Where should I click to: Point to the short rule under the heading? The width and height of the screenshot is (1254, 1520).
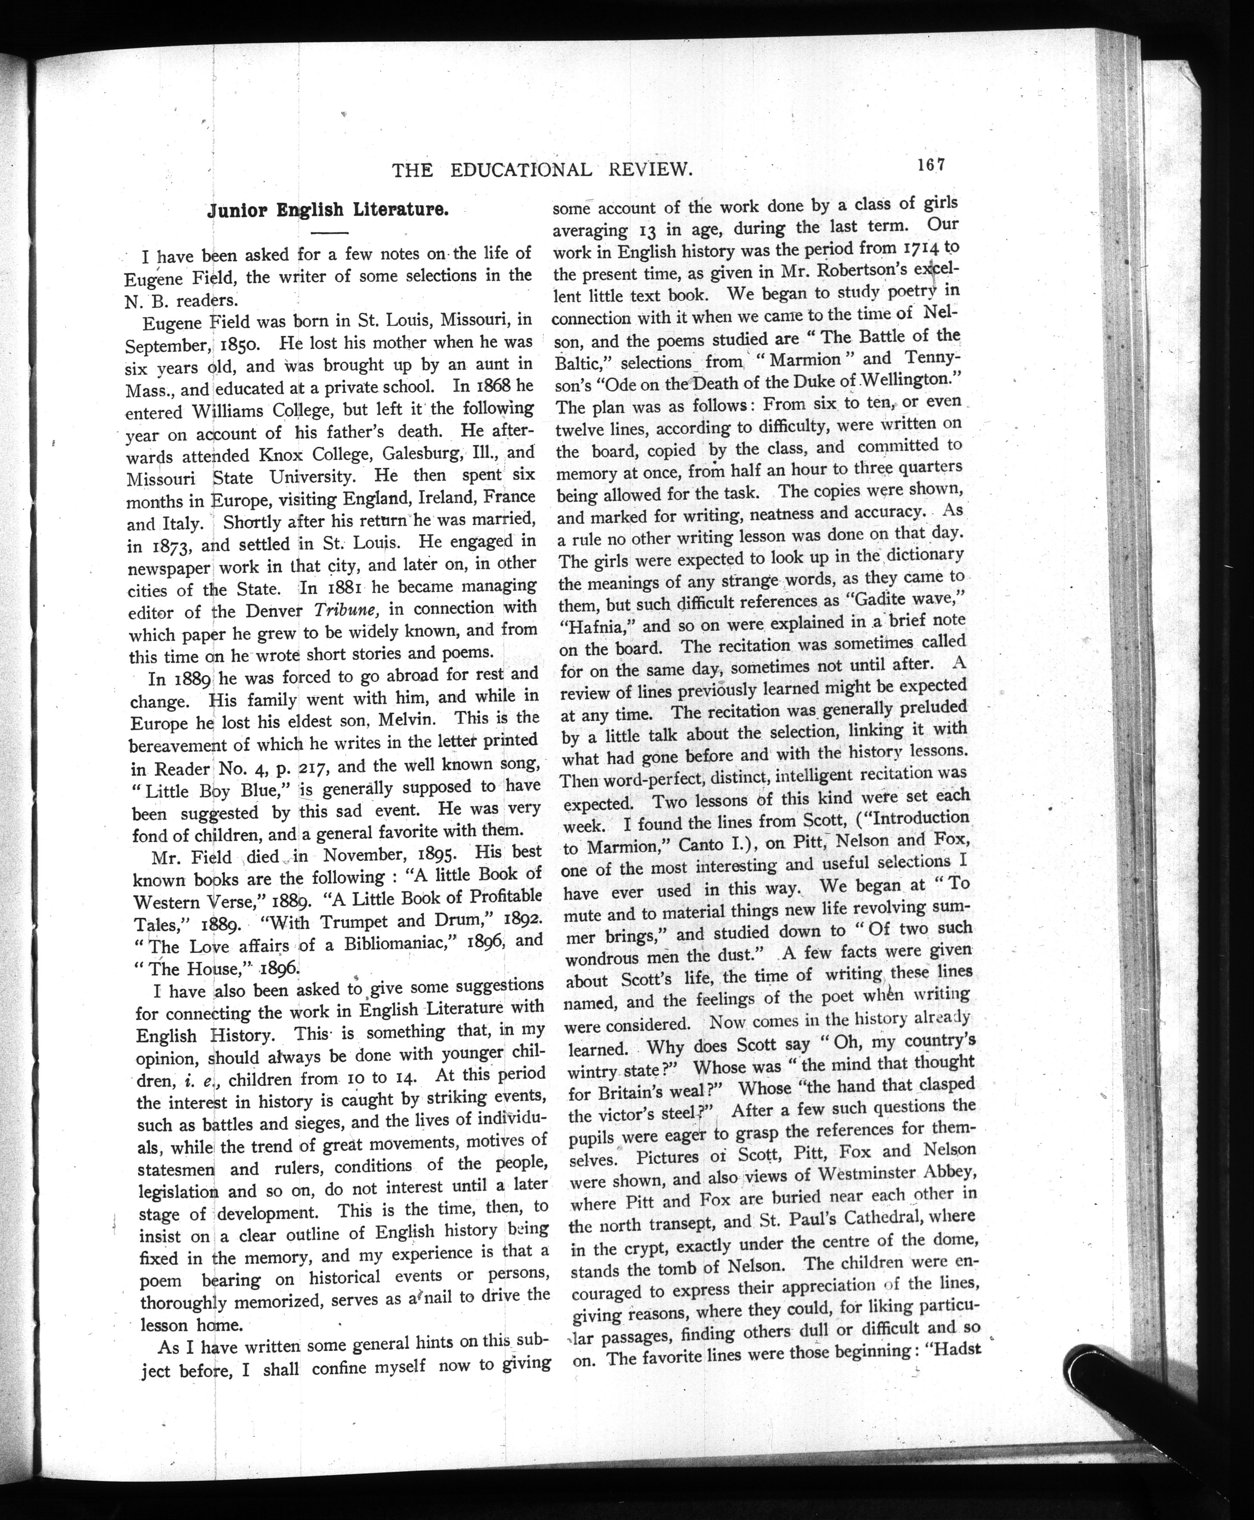tap(329, 233)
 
